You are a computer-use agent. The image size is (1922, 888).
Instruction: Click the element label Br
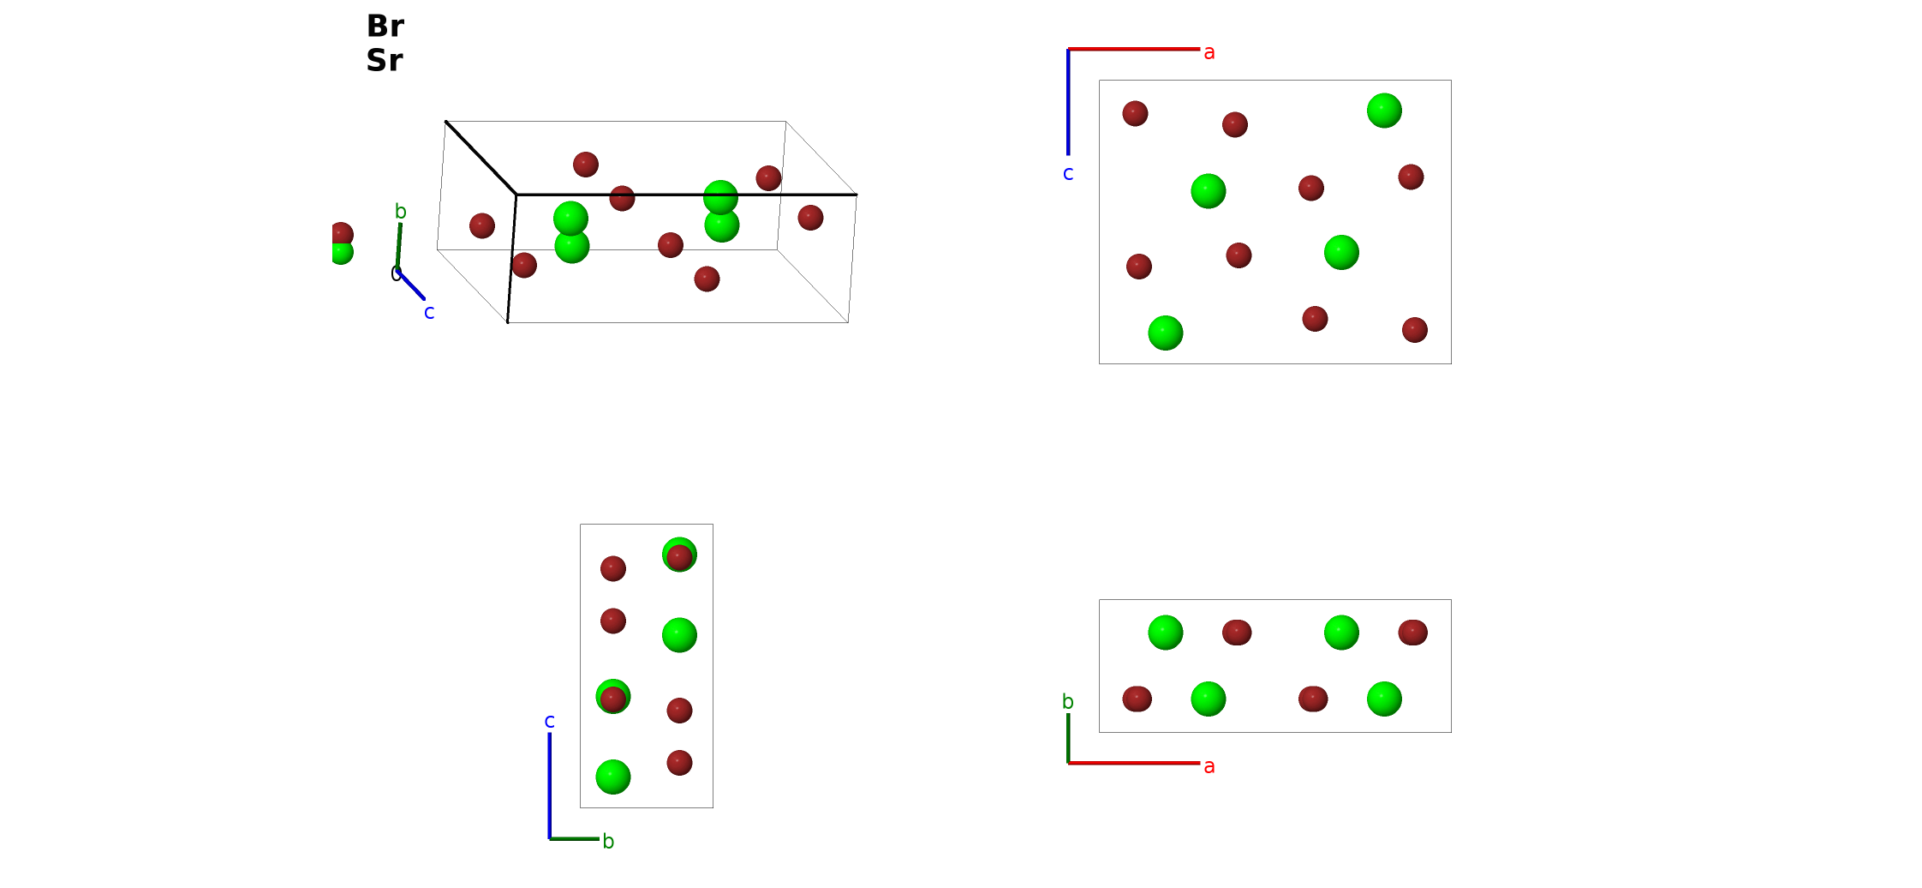(x=385, y=26)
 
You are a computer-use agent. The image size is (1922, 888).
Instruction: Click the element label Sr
(x=385, y=60)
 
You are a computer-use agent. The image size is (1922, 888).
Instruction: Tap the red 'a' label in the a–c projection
(x=1209, y=53)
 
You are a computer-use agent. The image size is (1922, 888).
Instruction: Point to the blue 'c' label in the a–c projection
(x=1068, y=174)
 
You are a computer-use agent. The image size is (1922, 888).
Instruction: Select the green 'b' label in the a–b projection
(x=1068, y=701)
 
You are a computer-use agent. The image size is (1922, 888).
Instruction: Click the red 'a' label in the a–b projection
(x=1209, y=766)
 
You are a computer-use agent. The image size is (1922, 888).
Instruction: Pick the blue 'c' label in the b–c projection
(x=550, y=722)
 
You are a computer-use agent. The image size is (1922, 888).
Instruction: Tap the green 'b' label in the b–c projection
(x=608, y=841)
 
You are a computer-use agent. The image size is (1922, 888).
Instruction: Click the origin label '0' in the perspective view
(x=395, y=273)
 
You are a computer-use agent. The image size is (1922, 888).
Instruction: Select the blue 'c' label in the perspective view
(x=429, y=313)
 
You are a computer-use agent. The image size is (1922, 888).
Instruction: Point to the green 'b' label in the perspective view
(x=400, y=211)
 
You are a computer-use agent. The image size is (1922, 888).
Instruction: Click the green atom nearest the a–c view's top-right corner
(x=1384, y=111)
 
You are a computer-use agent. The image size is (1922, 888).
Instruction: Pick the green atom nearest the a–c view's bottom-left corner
(x=1166, y=333)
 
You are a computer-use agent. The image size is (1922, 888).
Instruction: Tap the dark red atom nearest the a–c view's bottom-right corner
(x=1415, y=330)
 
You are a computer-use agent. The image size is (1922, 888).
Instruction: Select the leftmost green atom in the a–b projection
(x=1166, y=633)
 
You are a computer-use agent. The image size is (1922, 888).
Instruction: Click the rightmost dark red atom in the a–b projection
(x=1413, y=633)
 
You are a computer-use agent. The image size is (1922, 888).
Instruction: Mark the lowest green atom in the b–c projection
(x=613, y=777)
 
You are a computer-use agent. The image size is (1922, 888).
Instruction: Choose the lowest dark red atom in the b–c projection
(x=679, y=763)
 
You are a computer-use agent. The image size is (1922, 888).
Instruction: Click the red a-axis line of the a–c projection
(x=1134, y=50)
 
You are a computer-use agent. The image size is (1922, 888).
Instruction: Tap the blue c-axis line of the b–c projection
(x=550, y=786)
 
